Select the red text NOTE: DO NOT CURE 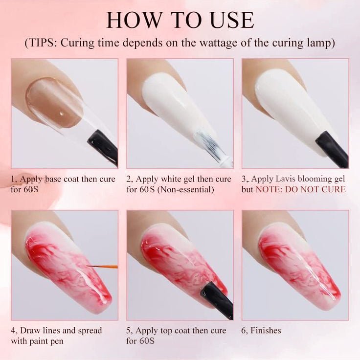pos(300,189)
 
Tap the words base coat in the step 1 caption pos(61,179)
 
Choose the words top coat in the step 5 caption pos(177,331)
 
